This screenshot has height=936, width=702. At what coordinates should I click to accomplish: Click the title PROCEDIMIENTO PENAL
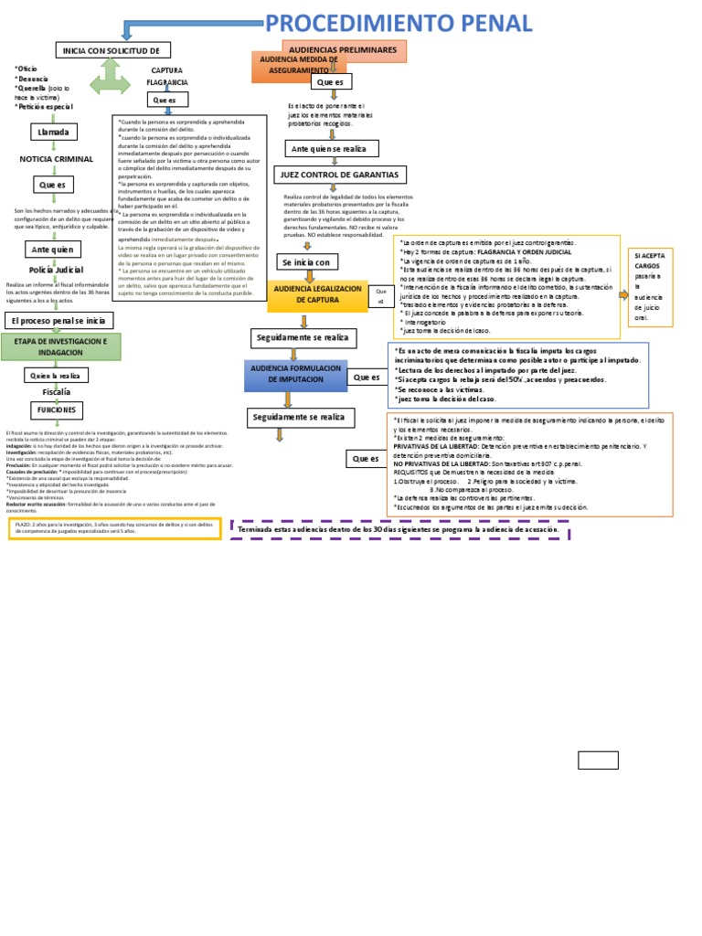pyautogui.click(x=398, y=23)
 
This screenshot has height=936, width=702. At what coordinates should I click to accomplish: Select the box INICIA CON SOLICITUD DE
pyautogui.click(x=112, y=49)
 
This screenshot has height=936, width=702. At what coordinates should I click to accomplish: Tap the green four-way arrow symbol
pyautogui.click(x=111, y=81)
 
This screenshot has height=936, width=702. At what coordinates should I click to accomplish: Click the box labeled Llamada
pyautogui.click(x=53, y=133)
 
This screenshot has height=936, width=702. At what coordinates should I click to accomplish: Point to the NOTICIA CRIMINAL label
pyautogui.click(x=57, y=159)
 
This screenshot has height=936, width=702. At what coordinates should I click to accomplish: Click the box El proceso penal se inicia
pyautogui.click(x=59, y=320)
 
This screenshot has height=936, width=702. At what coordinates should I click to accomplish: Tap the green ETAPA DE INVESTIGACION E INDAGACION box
pyautogui.click(x=60, y=346)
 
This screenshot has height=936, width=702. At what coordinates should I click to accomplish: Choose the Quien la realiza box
pyautogui.click(x=56, y=375)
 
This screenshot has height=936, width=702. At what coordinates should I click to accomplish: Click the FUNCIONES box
pyautogui.click(x=57, y=410)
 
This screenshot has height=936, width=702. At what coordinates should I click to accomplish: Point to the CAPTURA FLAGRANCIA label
pyautogui.click(x=166, y=76)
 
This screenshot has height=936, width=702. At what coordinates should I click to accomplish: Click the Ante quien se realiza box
pyautogui.click(x=328, y=148)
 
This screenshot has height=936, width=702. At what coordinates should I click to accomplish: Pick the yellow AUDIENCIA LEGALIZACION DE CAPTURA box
pyautogui.click(x=317, y=294)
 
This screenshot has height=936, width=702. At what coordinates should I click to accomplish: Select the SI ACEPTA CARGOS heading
pyautogui.click(x=650, y=261)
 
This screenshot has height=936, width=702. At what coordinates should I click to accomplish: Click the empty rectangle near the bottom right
pyautogui.click(x=598, y=760)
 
